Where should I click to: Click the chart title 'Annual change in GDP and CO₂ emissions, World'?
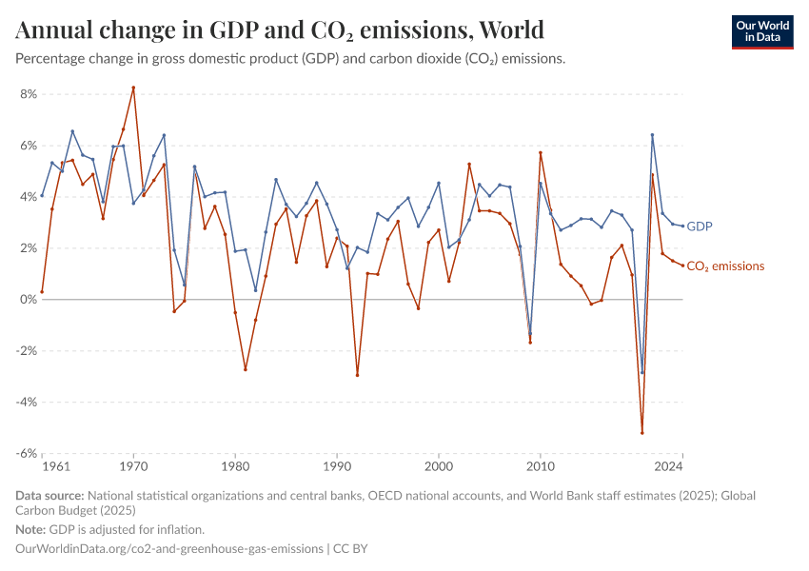tap(280, 30)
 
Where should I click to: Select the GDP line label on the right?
tap(700, 226)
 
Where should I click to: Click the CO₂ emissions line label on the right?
tap(724, 266)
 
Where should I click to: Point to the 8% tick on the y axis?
tap(28, 94)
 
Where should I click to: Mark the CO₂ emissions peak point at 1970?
tap(133, 88)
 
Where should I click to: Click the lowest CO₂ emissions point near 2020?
tap(642, 433)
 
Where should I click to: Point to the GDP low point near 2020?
tap(642, 372)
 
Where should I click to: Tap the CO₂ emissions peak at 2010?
tap(541, 153)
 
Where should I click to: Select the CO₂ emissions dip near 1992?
tap(357, 375)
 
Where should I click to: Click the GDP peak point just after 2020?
tap(652, 135)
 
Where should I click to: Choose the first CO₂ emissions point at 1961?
tap(42, 291)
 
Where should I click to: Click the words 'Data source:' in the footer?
tap(49, 496)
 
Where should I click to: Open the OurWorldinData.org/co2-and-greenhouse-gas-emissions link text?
tap(168, 549)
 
